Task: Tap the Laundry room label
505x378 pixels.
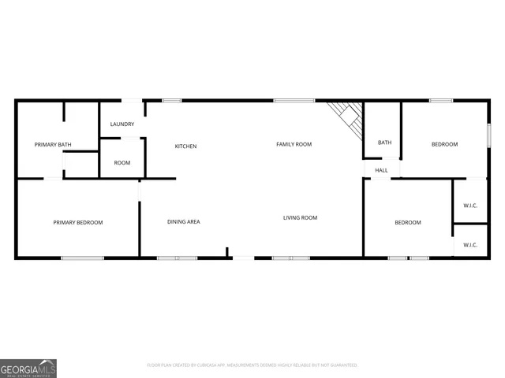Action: coord(122,124)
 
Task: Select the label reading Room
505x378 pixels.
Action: coord(122,163)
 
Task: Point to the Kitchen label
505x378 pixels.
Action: coord(185,146)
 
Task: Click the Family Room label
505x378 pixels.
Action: coord(294,144)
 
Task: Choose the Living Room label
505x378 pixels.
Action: coord(300,218)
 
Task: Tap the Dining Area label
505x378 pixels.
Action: coord(183,222)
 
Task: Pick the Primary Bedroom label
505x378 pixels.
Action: coord(78,223)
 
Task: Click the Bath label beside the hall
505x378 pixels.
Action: coord(384,143)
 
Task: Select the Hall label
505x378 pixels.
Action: coord(382,170)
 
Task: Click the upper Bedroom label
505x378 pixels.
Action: coord(444,144)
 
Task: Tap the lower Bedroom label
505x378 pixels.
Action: coord(408,223)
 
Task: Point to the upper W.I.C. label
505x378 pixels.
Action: coord(470,206)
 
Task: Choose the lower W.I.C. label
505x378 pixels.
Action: coord(470,245)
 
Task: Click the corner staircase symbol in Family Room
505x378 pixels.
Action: coord(347,117)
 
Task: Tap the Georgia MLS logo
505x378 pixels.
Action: coord(28,368)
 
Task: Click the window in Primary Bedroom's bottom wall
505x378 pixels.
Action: coord(82,258)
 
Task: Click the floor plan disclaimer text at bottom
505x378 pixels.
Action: coord(252,365)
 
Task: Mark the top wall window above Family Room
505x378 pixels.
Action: coord(294,100)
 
